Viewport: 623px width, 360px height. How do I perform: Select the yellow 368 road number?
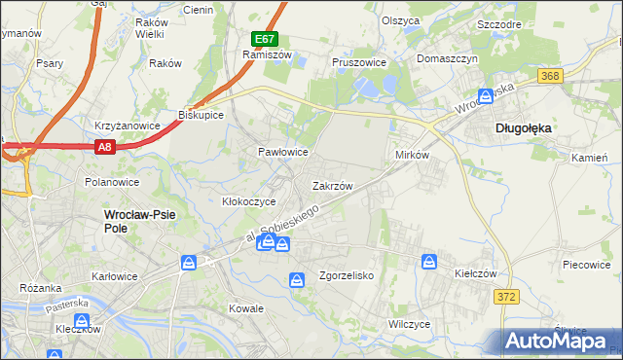551,77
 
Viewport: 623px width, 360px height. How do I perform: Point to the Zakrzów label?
331,185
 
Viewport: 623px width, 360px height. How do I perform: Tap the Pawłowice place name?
282,152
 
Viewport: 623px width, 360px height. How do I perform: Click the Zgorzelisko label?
347,275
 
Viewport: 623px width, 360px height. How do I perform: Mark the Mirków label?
412,156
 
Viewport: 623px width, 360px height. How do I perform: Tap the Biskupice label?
201,115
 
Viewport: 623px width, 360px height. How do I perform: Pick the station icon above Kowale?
297,280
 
